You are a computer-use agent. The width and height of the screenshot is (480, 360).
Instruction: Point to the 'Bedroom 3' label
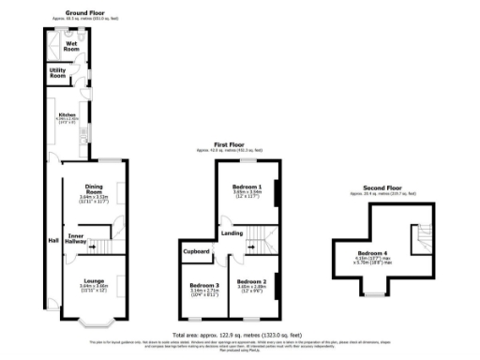pos(203,285)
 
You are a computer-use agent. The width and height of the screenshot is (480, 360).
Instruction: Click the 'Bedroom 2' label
pos(250,281)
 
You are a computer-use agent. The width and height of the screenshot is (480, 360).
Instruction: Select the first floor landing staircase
pos(253,247)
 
